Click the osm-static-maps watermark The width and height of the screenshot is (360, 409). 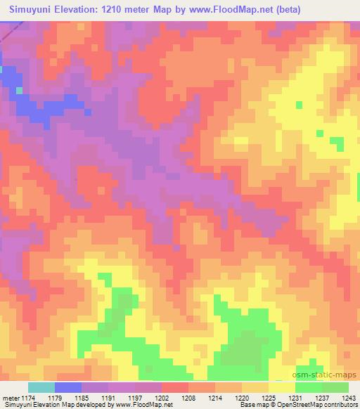point(330,376)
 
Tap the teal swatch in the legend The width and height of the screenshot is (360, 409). point(41,387)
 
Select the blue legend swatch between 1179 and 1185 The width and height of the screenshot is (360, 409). point(68,387)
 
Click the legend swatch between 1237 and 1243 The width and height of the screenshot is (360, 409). point(335,387)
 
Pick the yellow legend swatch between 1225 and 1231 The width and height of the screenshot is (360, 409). point(282,387)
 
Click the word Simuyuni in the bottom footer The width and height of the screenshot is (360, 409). point(18,405)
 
